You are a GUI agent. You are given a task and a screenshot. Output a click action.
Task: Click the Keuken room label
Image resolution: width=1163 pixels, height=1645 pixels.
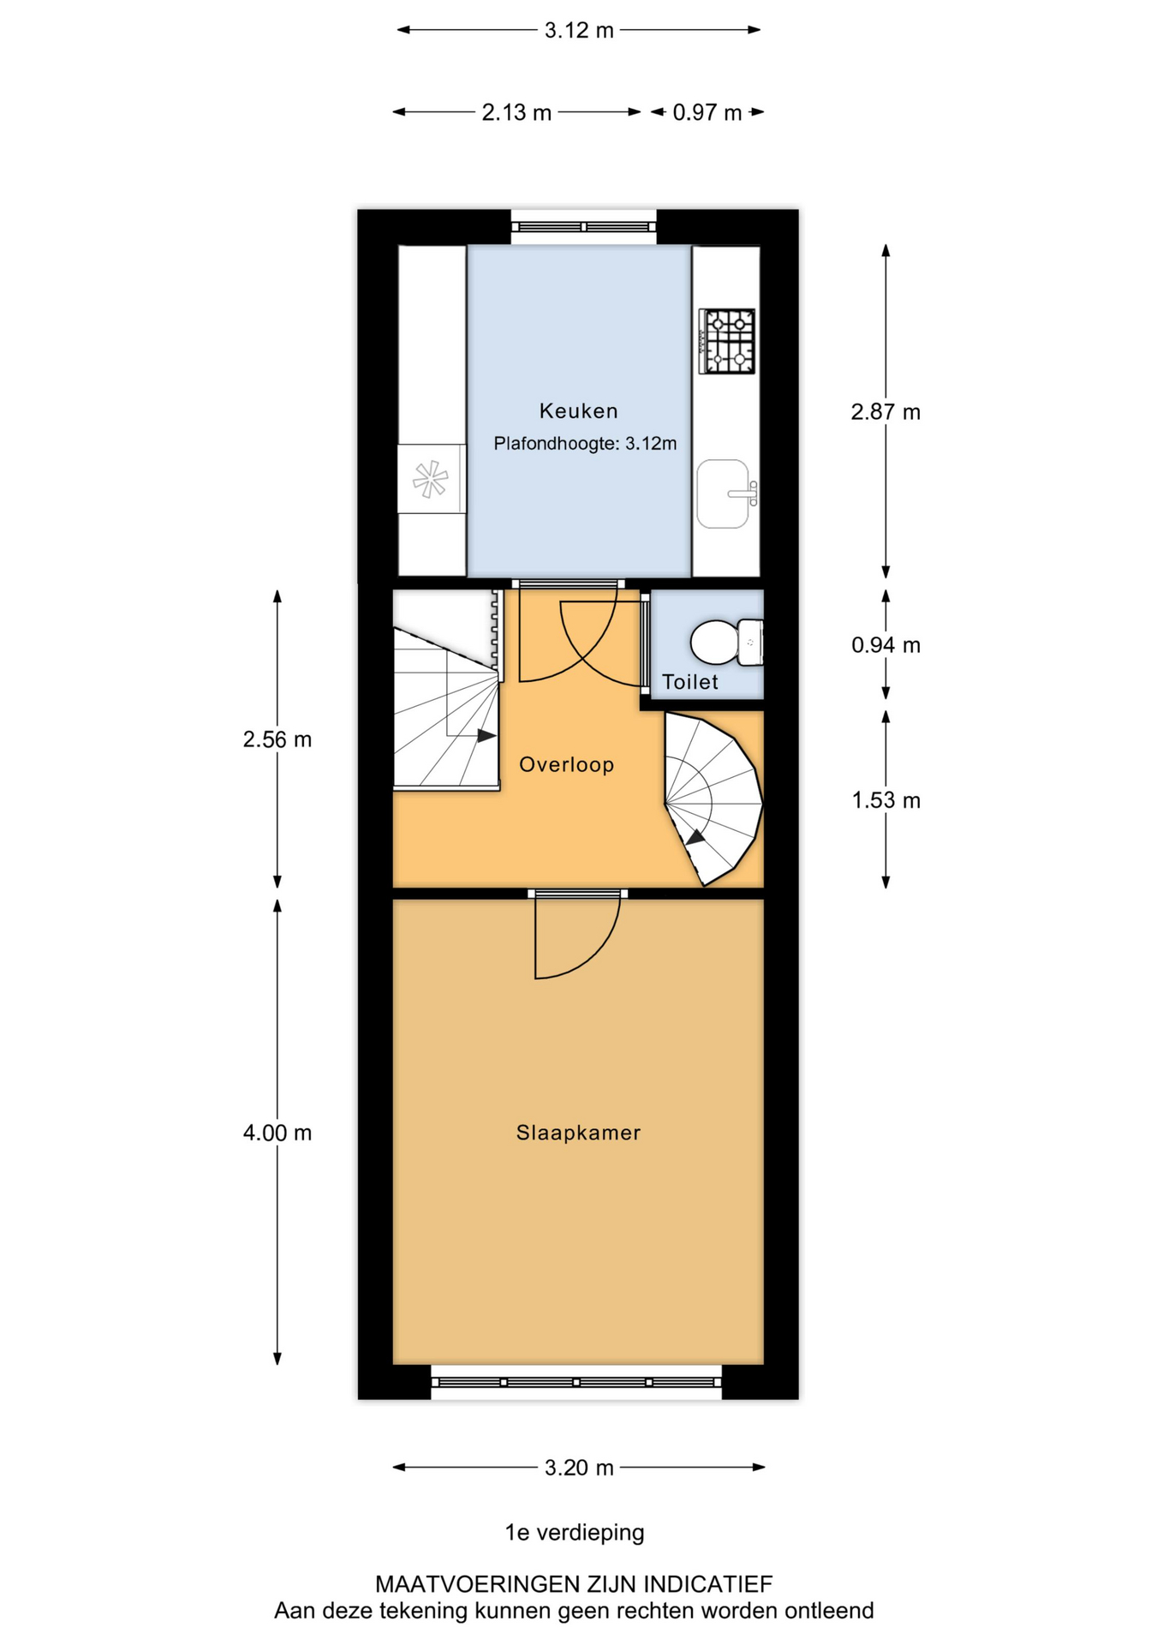(x=578, y=411)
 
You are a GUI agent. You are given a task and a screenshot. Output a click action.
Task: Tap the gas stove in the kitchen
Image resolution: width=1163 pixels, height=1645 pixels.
(x=727, y=341)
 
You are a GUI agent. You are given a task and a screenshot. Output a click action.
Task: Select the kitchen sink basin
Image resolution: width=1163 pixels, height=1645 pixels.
(x=724, y=493)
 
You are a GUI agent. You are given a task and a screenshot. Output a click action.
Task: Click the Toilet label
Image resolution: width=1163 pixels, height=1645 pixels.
(x=690, y=682)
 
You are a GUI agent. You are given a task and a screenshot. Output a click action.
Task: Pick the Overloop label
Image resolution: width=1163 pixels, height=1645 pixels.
(x=567, y=764)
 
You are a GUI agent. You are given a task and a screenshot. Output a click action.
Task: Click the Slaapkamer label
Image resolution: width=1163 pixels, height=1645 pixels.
(x=578, y=1133)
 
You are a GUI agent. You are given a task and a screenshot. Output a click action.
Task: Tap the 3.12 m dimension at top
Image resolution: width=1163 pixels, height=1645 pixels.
(x=579, y=30)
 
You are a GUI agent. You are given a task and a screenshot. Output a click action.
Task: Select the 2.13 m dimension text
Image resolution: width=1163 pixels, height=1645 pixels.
(x=516, y=112)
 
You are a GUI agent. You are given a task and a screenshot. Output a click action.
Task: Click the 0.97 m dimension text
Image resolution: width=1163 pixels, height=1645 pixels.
(x=707, y=112)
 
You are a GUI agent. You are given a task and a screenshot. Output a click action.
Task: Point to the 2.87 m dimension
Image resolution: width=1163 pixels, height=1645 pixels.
(x=886, y=412)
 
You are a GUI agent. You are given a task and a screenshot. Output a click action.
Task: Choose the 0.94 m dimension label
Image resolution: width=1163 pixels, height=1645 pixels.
(x=886, y=645)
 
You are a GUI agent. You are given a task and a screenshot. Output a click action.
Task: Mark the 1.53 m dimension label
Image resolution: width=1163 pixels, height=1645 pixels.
(x=886, y=800)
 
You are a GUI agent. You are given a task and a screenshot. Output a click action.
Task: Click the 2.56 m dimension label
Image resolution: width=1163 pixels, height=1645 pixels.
(x=277, y=739)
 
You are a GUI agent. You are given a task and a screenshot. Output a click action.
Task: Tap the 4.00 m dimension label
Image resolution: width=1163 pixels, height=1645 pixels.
(x=277, y=1133)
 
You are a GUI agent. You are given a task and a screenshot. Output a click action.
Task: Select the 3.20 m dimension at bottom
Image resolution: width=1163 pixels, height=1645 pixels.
(x=579, y=1468)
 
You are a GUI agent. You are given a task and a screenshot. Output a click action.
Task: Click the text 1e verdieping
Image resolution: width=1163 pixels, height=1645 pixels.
(x=575, y=1533)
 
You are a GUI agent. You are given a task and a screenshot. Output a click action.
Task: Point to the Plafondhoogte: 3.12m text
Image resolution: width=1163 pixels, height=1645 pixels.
(x=585, y=444)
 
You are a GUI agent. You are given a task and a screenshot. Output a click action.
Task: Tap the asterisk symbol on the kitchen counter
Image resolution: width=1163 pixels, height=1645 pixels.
(x=430, y=479)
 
